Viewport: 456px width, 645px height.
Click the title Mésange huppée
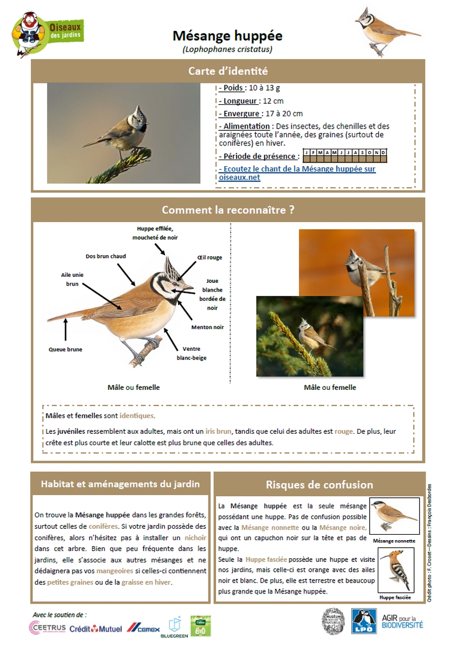227,36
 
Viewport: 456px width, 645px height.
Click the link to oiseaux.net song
297,173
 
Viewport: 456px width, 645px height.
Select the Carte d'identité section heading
228,71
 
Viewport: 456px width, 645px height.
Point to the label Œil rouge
210,257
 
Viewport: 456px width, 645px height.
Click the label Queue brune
66,350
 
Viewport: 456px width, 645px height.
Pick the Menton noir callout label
207,327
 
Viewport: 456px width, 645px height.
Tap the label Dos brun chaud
106,256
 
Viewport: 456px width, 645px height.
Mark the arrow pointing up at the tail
66,329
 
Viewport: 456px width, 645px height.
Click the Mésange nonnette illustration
395,516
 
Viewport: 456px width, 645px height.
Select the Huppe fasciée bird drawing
395,571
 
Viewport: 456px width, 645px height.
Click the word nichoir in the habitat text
195,537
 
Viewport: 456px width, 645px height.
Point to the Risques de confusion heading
319,484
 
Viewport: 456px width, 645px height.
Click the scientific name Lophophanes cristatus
227,49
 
